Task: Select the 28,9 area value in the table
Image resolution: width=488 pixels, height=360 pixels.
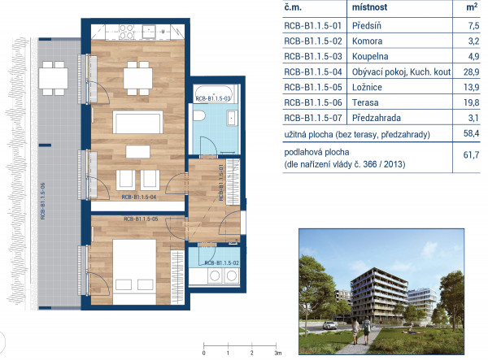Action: click(x=471, y=72)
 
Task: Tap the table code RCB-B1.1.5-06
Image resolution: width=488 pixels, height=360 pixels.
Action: click(x=313, y=102)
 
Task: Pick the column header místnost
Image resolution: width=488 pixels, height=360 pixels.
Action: click(x=369, y=7)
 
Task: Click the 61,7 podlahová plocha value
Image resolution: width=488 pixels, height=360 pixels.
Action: click(x=471, y=154)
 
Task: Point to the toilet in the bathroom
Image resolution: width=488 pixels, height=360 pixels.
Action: click(x=199, y=115)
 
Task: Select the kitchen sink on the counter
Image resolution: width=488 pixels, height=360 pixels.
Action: click(x=149, y=32)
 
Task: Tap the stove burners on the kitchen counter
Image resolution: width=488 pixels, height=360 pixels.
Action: click(x=127, y=33)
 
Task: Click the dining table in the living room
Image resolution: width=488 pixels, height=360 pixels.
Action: click(x=138, y=78)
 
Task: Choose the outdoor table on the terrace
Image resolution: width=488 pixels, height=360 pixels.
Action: click(x=53, y=78)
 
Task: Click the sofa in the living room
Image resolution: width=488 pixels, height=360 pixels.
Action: click(x=138, y=122)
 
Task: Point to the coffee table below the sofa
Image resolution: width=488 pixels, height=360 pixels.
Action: click(x=138, y=152)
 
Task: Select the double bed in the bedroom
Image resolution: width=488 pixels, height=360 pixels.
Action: click(x=134, y=271)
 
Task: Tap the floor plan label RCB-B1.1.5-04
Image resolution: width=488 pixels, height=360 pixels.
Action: click(x=139, y=197)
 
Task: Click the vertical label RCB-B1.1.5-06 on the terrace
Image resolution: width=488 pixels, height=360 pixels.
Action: click(x=43, y=201)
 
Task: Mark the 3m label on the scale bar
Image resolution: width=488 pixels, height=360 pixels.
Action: click(x=278, y=353)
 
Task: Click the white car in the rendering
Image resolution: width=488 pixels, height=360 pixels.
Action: click(x=329, y=325)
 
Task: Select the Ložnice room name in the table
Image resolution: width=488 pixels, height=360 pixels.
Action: click(x=367, y=87)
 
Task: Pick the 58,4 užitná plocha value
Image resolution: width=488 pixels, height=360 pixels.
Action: click(x=471, y=133)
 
